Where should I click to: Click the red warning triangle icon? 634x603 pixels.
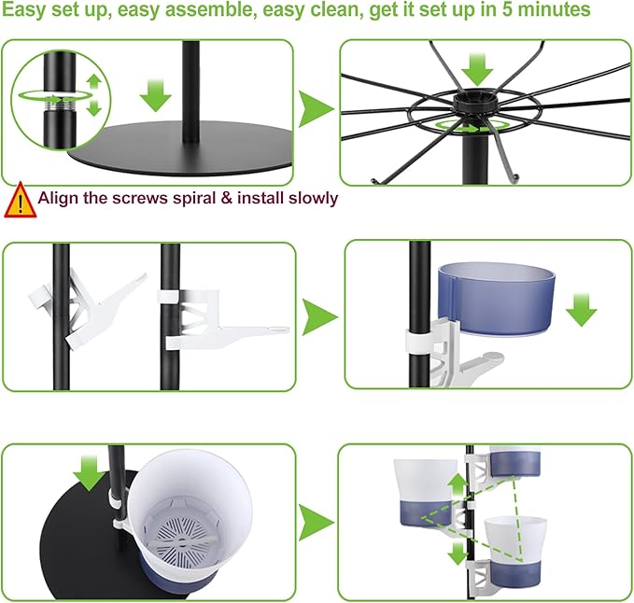pyautogui.click(x=21, y=200)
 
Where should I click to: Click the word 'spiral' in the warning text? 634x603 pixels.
pyautogui.click(x=194, y=199)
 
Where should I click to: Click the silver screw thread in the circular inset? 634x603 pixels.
pyautogui.click(x=60, y=106)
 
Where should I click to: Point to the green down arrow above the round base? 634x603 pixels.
pyautogui.click(x=156, y=96)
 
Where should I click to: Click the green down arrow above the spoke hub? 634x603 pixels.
pyautogui.click(x=477, y=69)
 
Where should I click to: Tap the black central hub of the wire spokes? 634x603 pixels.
pyautogui.click(x=472, y=104)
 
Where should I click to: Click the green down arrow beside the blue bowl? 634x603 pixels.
pyautogui.click(x=582, y=311)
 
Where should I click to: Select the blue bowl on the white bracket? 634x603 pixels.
pyautogui.click(x=497, y=299)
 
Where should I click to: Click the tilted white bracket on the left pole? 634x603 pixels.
pyautogui.click(x=87, y=307)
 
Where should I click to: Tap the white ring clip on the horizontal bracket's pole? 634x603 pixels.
pyautogui.click(x=169, y=296)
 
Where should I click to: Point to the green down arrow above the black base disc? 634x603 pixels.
pyautogui.click(x=90, y=472)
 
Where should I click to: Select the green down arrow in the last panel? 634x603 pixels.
pyautogui.click(x=458, y=554)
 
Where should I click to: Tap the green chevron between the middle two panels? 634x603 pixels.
pyautogui.click(x=319, y=317)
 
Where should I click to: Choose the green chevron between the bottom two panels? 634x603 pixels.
pyautogui.click(x=317, y=523)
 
